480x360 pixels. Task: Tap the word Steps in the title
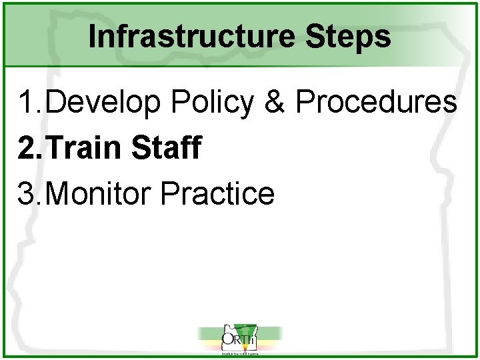tap(349, 37)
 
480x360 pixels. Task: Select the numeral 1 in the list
tap(27, 103)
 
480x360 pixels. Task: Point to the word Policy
tap(213, 103)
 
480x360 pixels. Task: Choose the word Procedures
tap(376, 103)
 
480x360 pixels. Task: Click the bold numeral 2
tap(27, 148)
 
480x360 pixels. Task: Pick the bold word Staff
tap(167, 148)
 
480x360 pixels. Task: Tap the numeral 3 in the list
tap(27, 193)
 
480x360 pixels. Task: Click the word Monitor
tap(101, 193)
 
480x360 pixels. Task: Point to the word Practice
tap(217, 193)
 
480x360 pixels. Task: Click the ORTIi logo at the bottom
tap(239, 340)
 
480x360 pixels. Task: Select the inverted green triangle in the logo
tap(249, 333)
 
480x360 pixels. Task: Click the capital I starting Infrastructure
tap(92, 37)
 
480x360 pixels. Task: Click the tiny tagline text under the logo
tap(239, 353)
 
